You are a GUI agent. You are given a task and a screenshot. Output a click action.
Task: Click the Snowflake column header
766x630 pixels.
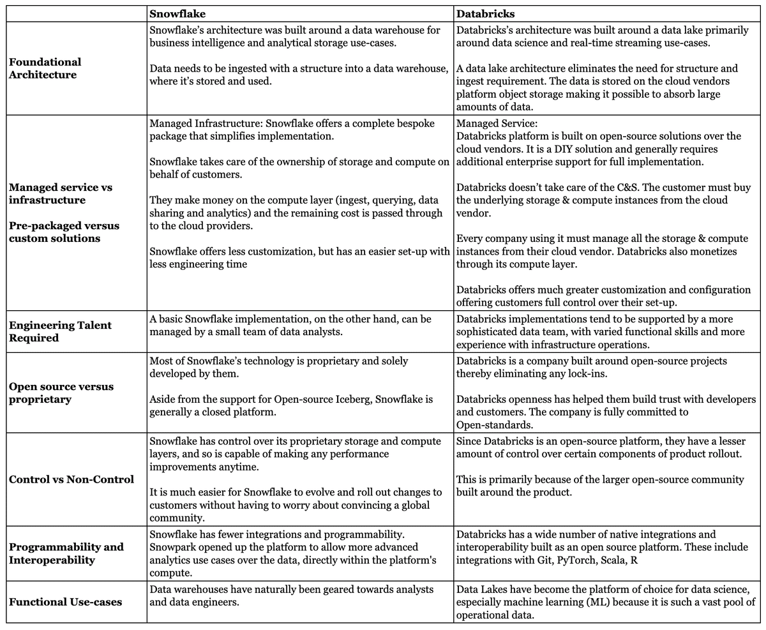pos(177,13)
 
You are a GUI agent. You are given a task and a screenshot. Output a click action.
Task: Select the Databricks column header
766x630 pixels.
pos(486,13)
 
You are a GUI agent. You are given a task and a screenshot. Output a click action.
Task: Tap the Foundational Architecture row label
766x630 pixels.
pos(45,68)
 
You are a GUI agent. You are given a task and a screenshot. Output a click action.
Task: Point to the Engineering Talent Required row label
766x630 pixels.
pos(60,331)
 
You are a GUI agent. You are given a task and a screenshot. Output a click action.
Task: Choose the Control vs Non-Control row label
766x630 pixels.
pos(71,479)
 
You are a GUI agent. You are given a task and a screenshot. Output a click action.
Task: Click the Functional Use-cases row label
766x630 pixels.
pos(65,602)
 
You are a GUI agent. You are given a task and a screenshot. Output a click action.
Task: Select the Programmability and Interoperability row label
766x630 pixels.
pos(66,553)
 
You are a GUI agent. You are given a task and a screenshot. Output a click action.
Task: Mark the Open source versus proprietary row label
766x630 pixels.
pos(61,393)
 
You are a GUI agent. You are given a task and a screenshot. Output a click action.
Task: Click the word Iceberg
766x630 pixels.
pos(349,400)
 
